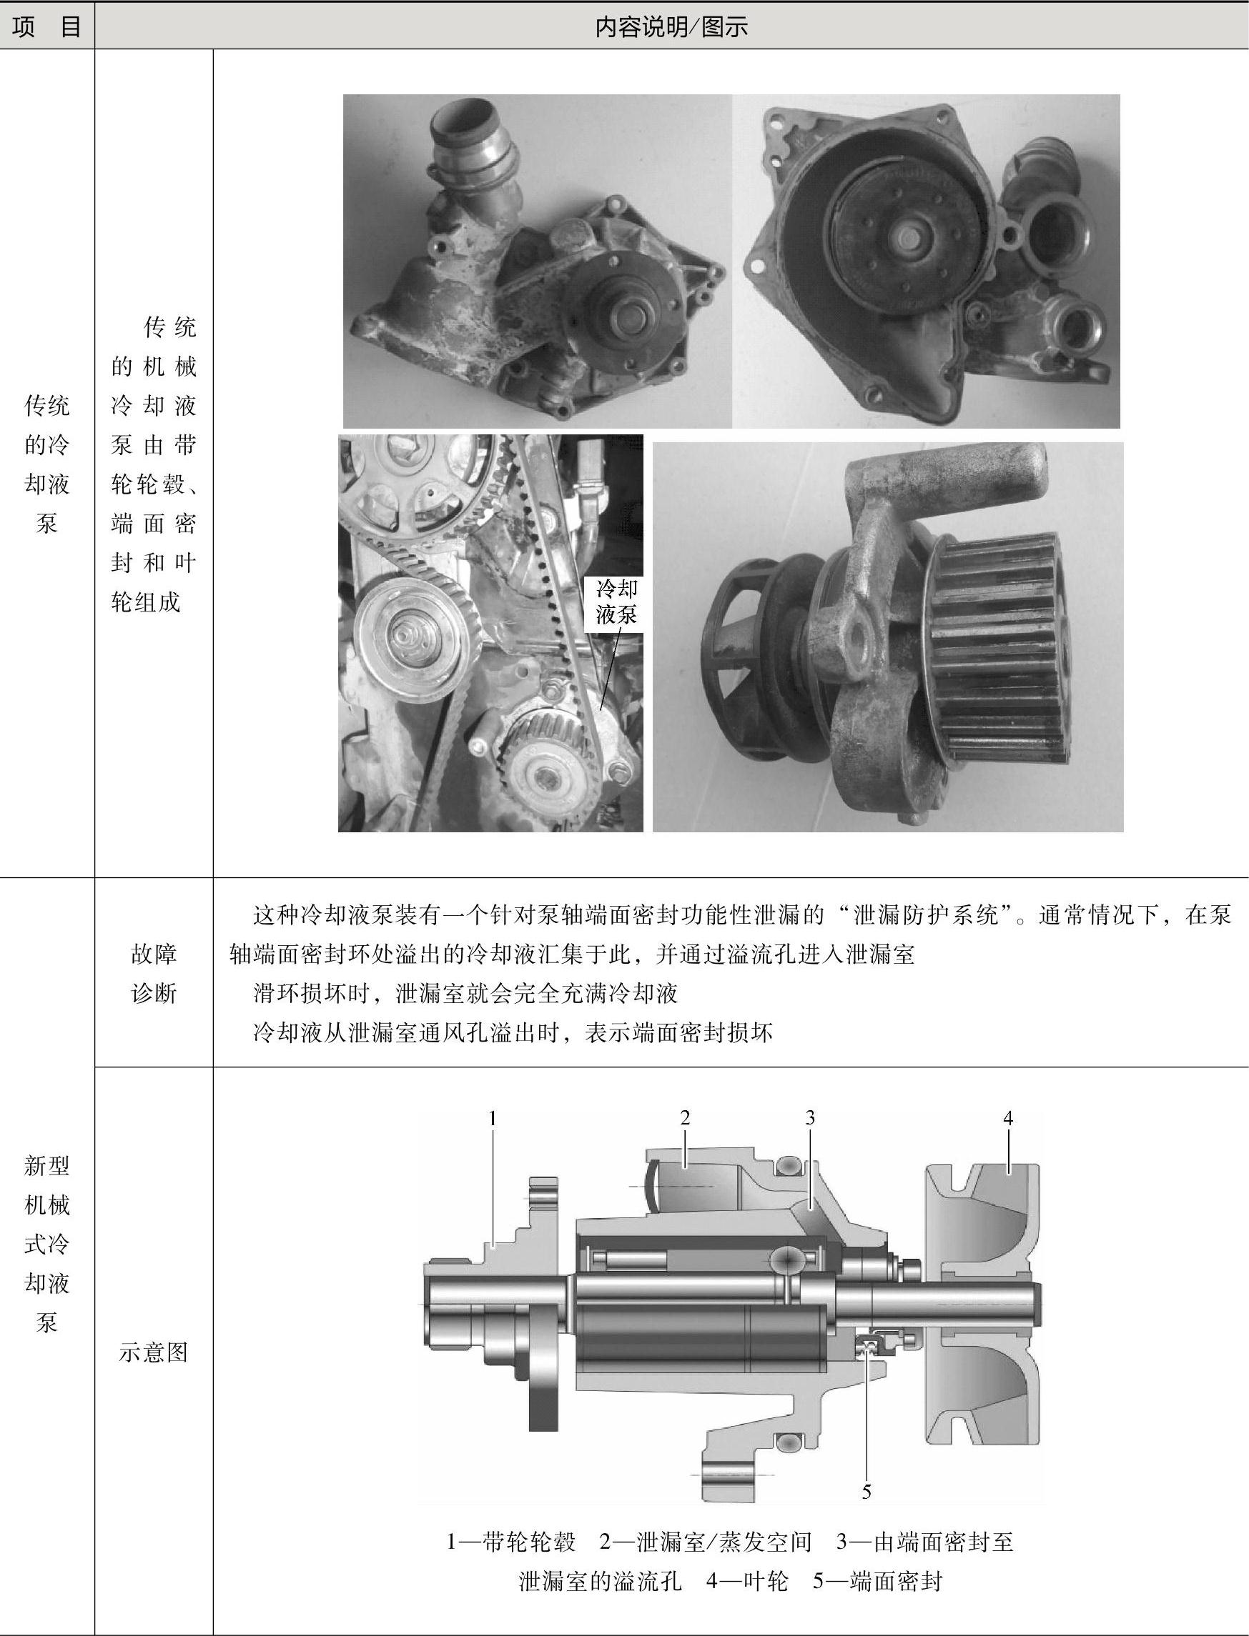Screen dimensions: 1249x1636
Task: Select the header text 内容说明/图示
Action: point(671,26)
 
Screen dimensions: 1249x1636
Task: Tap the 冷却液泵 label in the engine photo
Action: point(616,602)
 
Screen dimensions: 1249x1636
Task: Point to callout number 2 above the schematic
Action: point(685,1117)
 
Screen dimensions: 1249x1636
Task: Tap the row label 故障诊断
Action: point(154,973)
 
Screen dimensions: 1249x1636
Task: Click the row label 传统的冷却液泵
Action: point(47,464)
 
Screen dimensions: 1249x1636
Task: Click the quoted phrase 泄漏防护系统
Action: point(926,915)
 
